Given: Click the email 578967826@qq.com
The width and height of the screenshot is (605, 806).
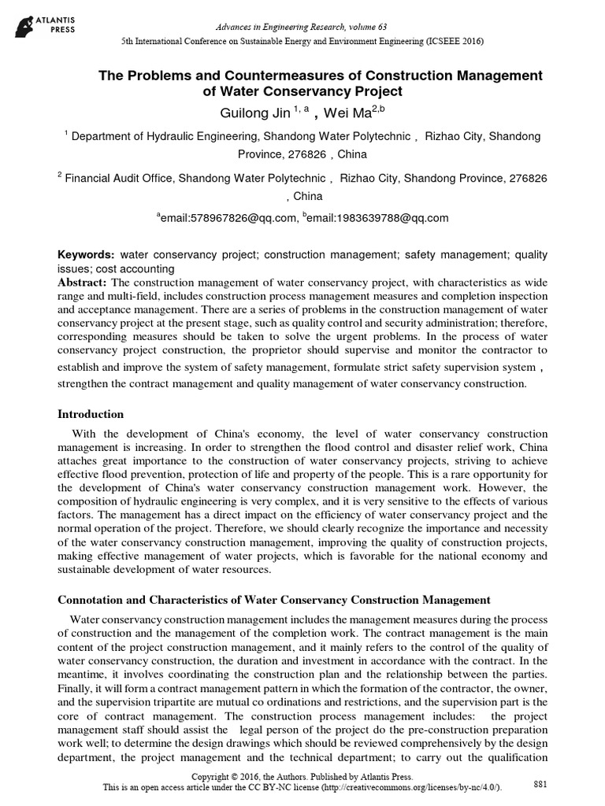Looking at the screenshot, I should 229,218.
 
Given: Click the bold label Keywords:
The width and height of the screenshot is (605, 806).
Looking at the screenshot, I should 87,257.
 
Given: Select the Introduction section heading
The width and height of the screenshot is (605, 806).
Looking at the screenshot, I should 91,414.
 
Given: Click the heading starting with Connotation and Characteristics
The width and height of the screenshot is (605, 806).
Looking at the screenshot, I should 275,600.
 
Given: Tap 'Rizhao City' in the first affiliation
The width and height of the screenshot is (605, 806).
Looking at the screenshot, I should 454,136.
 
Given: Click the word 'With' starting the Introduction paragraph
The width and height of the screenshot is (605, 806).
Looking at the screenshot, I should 84,434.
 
